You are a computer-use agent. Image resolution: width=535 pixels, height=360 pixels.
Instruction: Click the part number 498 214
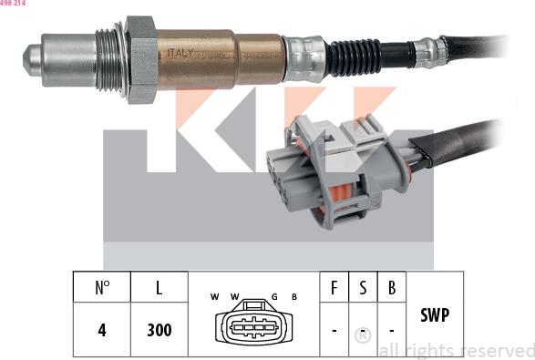[13, 4]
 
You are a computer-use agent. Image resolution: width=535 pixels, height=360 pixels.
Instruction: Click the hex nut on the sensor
[139, 58]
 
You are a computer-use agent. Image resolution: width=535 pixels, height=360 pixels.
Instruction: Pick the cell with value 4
[102, 330]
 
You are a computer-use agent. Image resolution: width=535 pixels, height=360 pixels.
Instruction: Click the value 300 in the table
[159, 330]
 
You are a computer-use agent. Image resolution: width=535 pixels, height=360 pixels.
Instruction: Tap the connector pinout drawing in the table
[253, 327]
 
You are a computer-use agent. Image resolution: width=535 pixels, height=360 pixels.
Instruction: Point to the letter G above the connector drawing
[273, 296]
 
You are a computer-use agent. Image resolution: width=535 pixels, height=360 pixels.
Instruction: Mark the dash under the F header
[334, 330]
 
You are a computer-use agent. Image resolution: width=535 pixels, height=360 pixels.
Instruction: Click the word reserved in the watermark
[496, 351]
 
